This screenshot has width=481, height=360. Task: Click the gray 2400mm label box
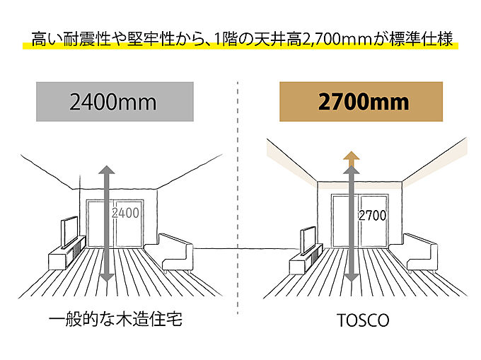[x=115, y=102]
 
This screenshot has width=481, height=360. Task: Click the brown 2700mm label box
[x=361, y=102]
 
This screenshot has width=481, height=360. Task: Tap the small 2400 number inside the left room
[x=125, y=213]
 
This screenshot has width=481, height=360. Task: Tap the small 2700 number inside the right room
[x=372, y=216]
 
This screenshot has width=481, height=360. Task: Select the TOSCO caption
[x=363, y=320]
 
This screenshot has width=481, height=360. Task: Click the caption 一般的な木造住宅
[x=115, y=319]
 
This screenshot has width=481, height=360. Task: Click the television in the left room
[x=69, y=232]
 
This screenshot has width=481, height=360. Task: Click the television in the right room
[x=308, y=240]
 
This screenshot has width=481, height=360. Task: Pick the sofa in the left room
[x=175, y=253]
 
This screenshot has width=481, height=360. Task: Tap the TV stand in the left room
[x=66, y=253]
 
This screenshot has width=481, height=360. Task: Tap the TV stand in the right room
[x=306, y=259]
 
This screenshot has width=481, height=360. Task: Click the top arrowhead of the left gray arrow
[x=106, y=170]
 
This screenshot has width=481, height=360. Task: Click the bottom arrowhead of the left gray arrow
[x=107, y=277]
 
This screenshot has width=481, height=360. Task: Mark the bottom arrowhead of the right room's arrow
[x=352, y=277]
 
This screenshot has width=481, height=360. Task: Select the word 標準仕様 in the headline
[x=422, y=39]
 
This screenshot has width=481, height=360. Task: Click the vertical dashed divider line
[x=238, y=198]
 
